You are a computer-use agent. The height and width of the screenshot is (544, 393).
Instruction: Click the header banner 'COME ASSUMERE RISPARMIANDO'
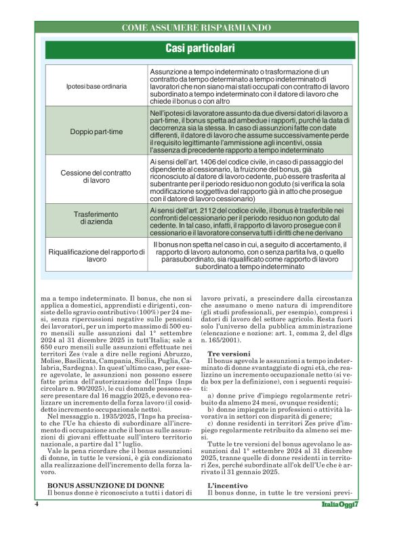tap(196, 27)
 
